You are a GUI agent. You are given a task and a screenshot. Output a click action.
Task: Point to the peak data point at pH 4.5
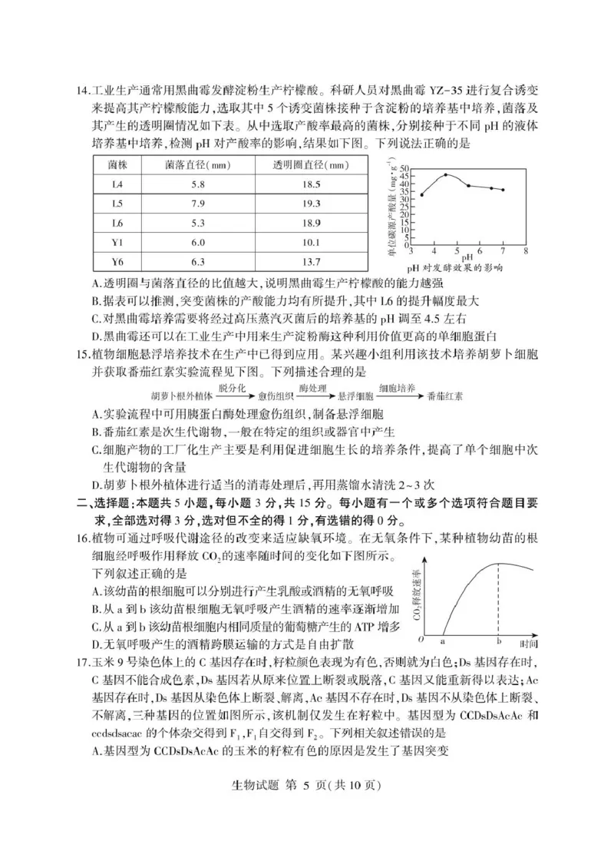tap(446, 174)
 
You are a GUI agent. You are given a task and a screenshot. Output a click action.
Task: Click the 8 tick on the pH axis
tap(526, 251)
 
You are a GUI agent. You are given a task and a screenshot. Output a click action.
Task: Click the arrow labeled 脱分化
tap(232, 394)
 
